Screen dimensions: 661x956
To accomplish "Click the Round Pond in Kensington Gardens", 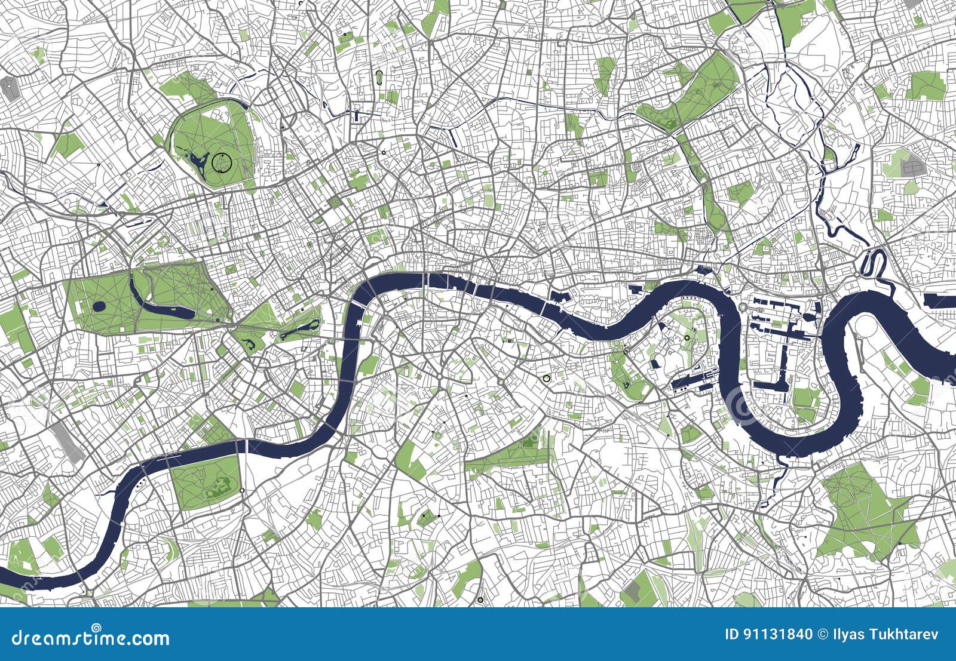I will point(99,307).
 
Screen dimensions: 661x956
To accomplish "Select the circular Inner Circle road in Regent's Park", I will point(221,161).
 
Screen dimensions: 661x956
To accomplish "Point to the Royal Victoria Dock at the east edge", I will point(940,301).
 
